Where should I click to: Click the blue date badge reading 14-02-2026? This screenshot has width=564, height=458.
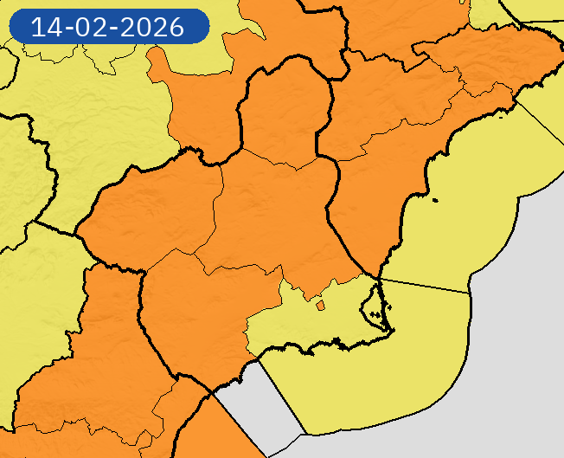click(x=108, y=27)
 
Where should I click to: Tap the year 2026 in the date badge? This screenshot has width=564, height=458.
click(x=153, y=27)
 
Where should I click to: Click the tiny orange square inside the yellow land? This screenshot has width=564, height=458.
click(x=320, y=305)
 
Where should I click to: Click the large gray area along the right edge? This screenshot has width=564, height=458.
click(x=528, y=329)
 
